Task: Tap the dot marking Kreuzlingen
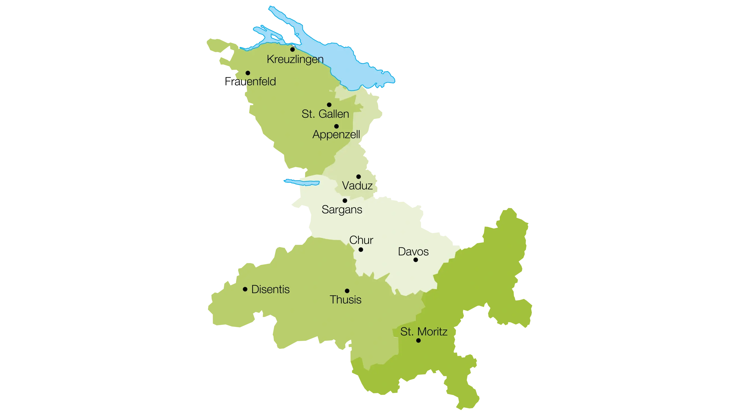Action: (x=292, y=49)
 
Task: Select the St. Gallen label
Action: (x=325, y=114)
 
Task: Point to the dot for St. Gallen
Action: (x=329, y=105)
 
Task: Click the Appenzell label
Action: (x=336, y=134)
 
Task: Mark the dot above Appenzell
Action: (x=336, y=126)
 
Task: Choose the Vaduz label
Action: (x=357, y=186)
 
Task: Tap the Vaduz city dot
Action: (x=359, y=177)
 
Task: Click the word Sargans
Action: (x=342, y=210)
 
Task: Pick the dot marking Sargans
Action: (x=345, y=201)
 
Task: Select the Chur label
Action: (x=361, y=240)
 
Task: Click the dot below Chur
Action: (x=361, y=250)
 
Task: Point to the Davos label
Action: (x=413, y=252)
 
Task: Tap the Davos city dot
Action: (x=416, y=260)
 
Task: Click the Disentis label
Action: (x=270, y=289)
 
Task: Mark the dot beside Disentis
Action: (x=245, y=289)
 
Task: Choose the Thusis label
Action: (x=346, y=300)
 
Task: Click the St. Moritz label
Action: (x=424, y=332)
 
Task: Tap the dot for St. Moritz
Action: (x=418, y=341)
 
